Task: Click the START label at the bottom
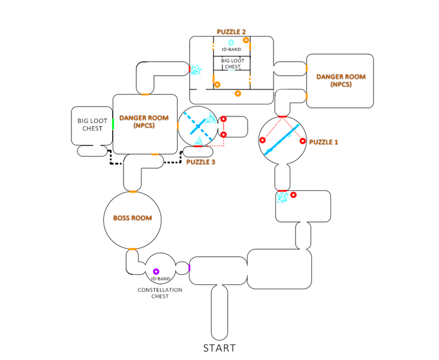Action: tap(219, 348)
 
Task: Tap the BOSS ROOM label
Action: tap(133, 218)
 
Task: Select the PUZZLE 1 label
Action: tap(323, 142)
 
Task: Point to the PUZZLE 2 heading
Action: tap(231, 31)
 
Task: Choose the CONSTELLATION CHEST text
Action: tap(160, 293)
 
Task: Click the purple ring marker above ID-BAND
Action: tap(156, 272)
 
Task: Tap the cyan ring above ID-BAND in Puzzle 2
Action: tap(231, 43)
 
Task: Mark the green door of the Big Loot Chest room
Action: tap(112, 125)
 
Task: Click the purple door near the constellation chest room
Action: tap(189, 268)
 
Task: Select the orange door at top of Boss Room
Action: tap(133, 192)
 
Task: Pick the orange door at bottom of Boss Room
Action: tap(133, 248)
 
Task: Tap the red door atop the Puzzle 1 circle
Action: tap(282, 116)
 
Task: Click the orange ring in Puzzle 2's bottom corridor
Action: tap(238, 94)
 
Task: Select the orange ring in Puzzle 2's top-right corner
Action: tap(262, 43)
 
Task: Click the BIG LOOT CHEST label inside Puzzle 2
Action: tap(231, 64)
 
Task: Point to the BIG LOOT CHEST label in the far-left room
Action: tap(89, 124)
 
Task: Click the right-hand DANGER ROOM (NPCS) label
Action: tap(341, 80)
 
